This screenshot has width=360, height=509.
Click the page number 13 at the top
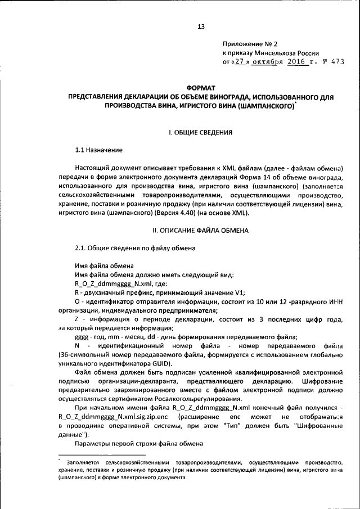[200, 26]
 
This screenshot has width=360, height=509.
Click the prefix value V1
[240, 292]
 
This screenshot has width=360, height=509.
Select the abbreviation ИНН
[336, 301]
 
